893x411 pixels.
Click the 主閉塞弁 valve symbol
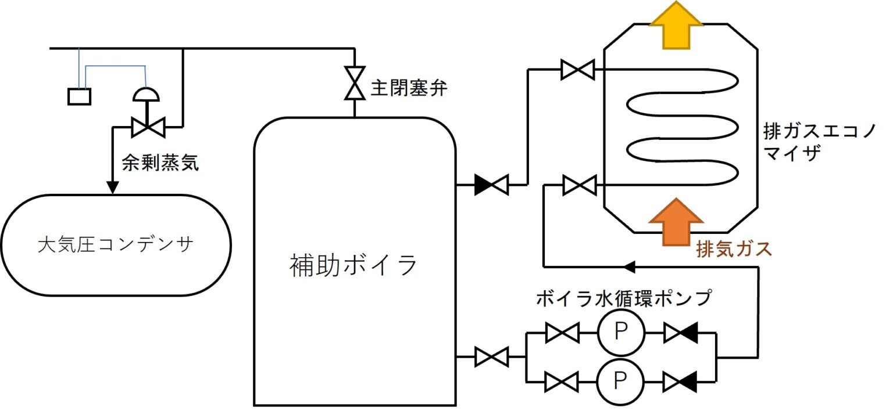pyautogui.click(x=353, y=83)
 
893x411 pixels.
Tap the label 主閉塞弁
pyautogui.click(x=409, y=90)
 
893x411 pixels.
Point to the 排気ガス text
pyautogui.click(x=734, y=248)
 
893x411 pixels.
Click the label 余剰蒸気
pyautogui.click(x=160, y=163)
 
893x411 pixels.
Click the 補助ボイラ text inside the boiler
pyautogui.click(x=353, y=265)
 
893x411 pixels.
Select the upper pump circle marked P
pyautogui.click(x=621, y=333)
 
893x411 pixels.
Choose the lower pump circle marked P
pyautogui.click(x=621, y=381)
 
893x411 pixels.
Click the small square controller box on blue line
pyautogui.click(x=80, y=96)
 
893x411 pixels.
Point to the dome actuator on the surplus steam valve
pyautogui.click(x=145, y=95)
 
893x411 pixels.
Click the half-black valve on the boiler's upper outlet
pyautogui.click(x=491, y=185)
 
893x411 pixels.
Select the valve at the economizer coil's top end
pyautogui.click(x=577, y=70)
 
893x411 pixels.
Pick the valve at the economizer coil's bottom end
pyautogui.click(x=580, y=186)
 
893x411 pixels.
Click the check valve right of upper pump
pyautogui.click(x=681, y=333)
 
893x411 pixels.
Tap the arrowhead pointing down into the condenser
pyautogui.click(x=112, y=187)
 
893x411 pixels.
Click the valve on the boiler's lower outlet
pyautogui.click(x=491, y=356)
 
